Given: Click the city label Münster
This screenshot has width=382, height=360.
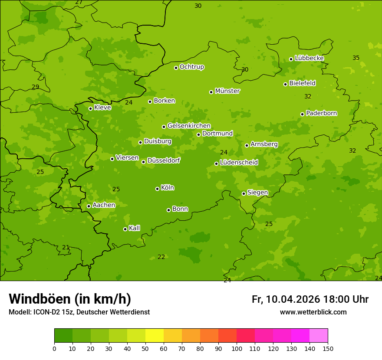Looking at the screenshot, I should click(x=227, y=91).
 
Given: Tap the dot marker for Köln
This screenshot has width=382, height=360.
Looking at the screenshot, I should click(x=157, y=189).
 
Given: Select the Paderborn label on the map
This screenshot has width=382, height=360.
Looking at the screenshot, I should click(x=321, y=113).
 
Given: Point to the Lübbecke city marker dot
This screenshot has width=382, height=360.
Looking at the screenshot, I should click(x=291, y=59).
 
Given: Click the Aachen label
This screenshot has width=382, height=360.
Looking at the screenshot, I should click(x=104, y=205).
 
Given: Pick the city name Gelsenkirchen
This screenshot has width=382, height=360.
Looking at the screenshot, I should click(x=189, y=126).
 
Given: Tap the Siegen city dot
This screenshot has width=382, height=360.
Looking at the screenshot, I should click(x=244, y=194).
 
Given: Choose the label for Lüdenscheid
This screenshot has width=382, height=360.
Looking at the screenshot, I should click(x=239, y=163).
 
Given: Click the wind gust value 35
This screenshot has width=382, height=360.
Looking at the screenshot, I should click(x=356, y=58).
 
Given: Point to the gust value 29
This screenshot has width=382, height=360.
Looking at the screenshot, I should click(x=36, y=87).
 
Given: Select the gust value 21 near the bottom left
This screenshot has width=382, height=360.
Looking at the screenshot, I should click(x=66, y=248).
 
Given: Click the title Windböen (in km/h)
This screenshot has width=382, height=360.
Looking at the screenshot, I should click(x=70, y=299).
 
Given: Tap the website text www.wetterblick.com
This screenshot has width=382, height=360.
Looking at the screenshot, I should click(x=313, y=312).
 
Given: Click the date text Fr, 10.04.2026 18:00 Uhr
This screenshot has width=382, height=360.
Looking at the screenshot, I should click(x=310, y=299).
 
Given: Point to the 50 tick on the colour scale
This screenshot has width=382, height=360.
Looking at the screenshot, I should click(x=145, y=348).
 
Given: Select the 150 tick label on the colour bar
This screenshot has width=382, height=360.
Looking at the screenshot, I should click(x=328, y=348).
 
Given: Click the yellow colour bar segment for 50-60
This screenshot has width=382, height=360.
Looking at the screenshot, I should click(x=155, y=336).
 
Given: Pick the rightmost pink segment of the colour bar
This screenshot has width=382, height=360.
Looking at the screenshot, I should click(x=319, y=336).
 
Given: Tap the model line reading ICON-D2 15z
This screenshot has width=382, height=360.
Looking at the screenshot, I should click(x=79, y=312).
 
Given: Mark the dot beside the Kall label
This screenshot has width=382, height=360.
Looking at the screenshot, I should click(x=125, y=229).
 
